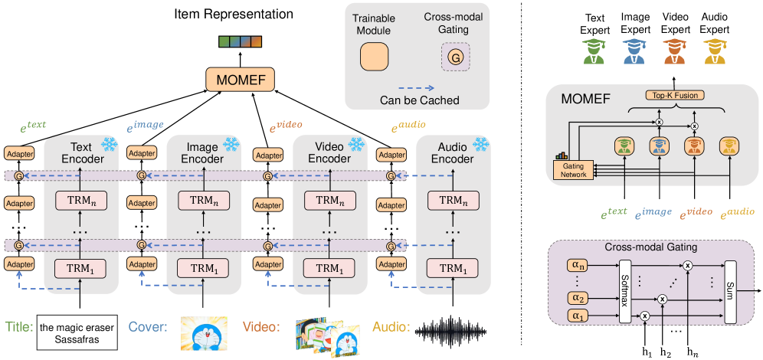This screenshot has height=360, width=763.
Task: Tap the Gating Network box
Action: click(573, 169)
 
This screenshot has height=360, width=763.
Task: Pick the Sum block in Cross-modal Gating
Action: click(730, 291)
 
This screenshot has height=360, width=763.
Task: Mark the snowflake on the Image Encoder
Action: click(231, 143)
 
